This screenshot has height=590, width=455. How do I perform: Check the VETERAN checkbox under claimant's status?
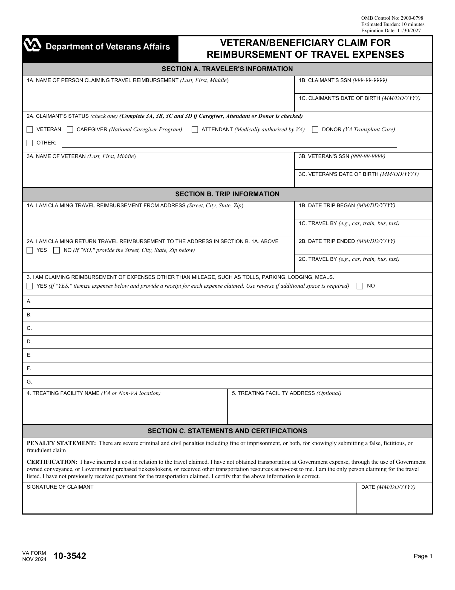30,130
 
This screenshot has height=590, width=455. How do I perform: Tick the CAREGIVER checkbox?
70,130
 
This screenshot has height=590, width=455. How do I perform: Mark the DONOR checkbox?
315,130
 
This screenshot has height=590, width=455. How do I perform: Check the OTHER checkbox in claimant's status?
30,143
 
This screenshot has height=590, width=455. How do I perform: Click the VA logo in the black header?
32,45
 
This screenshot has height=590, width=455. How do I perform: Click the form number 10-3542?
70,556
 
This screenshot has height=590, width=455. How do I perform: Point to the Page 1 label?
423,556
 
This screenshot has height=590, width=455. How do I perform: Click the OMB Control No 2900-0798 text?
392,18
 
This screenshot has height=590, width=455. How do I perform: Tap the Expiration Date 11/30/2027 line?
391,30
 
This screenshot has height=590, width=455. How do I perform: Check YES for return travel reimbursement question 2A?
30,251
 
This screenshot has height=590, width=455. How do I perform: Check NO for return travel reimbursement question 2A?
56,251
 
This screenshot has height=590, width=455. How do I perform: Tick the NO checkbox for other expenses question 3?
360,286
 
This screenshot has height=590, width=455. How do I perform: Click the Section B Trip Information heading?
227,194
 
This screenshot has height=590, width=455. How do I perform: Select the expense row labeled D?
227,342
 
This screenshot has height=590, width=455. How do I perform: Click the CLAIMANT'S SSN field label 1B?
343,80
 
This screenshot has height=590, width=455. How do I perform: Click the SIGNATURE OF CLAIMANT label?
60,487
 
